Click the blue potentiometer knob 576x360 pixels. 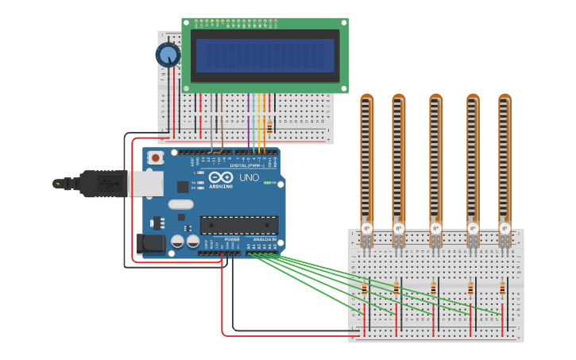pos(168,55)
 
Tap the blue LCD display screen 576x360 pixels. pos(265,56)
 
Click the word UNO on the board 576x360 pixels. pos(249,177)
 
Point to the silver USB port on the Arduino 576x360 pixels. pos(147,184)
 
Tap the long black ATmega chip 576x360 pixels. pos(239,225)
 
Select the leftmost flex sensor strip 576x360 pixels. pos(366,159)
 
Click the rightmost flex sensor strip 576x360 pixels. pos(505,159)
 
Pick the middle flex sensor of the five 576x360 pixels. pos(435,159)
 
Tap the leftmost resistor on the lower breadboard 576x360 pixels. pos(365,290)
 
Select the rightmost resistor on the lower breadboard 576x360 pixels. pos(502,289)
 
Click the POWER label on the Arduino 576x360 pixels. pos(232,239)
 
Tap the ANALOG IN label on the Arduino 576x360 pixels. pos(265,239)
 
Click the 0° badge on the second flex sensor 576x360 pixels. pos(399,228)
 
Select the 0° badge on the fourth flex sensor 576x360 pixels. pos(473,228)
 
